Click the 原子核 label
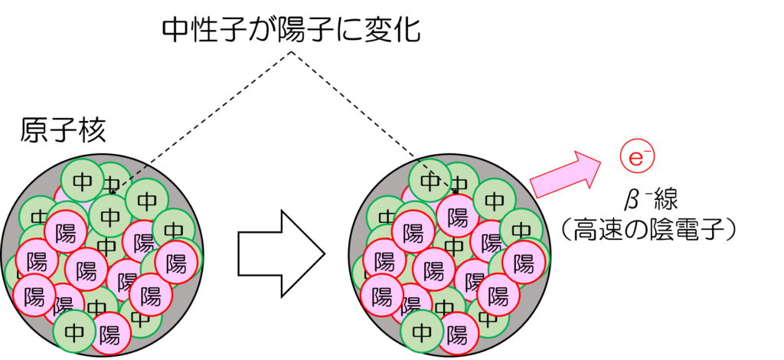63,132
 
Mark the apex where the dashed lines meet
291,51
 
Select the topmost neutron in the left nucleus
83,181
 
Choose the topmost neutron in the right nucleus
430,181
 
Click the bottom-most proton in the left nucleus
109,333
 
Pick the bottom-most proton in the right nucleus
457,333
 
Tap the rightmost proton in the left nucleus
176,261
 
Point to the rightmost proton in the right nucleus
524,261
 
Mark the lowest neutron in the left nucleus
75,332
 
